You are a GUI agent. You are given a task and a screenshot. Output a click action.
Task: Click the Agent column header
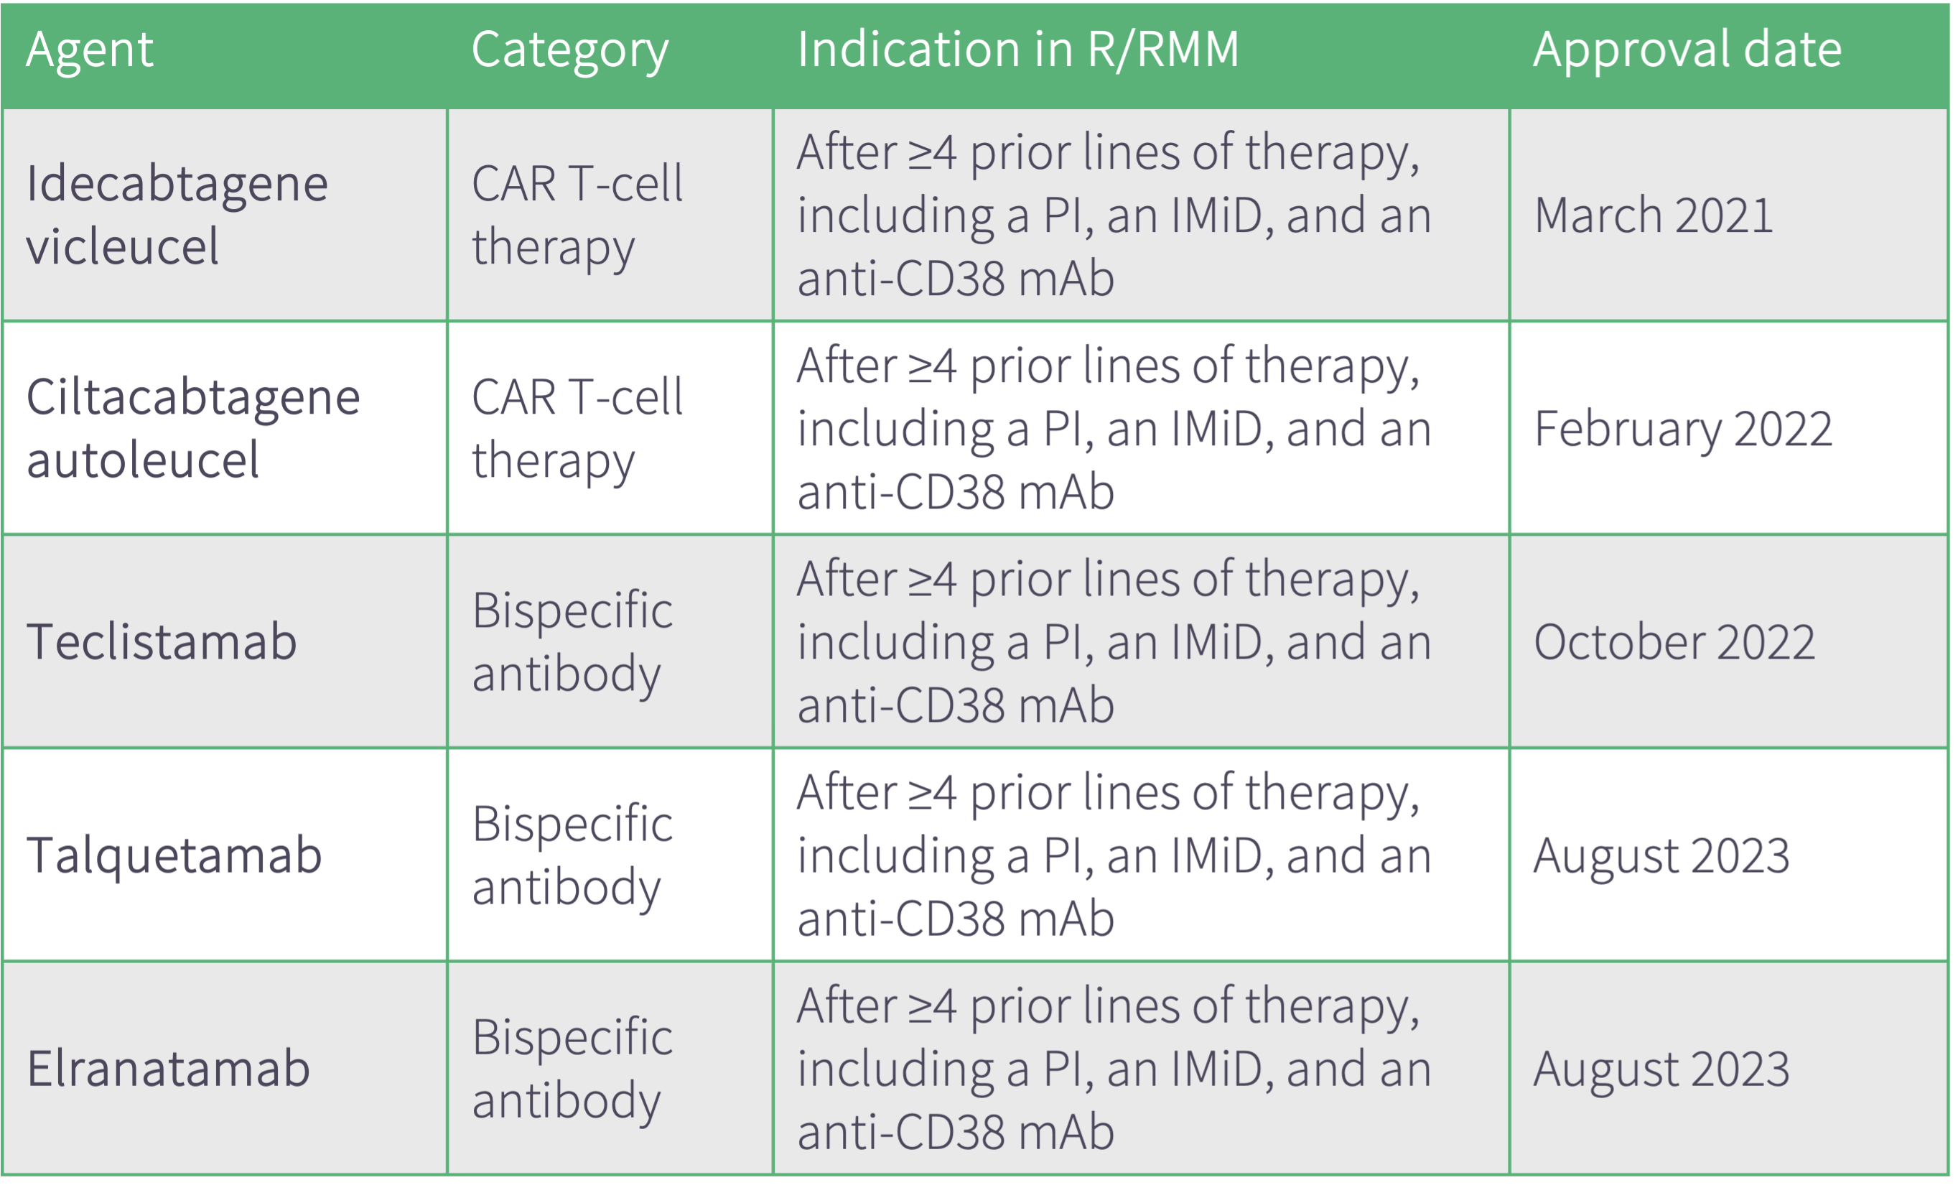[89, 51]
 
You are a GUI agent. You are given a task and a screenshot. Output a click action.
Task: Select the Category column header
[570, 51]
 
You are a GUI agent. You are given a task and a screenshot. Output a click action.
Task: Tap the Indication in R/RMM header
[1018, 50]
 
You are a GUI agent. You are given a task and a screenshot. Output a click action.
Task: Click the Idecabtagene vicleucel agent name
[177, 215]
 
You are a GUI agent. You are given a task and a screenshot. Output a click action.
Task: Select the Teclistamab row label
[162, 641]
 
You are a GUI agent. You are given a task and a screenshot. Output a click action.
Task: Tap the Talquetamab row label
[174, 855]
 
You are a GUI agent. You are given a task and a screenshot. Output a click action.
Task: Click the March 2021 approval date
[1654, 215]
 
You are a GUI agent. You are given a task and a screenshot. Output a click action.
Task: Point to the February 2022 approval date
[1683, 429]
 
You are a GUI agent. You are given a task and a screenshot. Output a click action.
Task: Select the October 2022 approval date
[1674, 642]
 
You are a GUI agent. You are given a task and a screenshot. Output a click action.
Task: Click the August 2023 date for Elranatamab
[1661, 1069]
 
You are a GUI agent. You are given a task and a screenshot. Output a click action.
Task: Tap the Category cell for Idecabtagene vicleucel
[577, 216]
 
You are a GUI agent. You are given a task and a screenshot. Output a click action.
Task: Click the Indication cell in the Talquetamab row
[1114, 855]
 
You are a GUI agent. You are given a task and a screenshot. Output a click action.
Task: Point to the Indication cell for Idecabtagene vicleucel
[1114, 215]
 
